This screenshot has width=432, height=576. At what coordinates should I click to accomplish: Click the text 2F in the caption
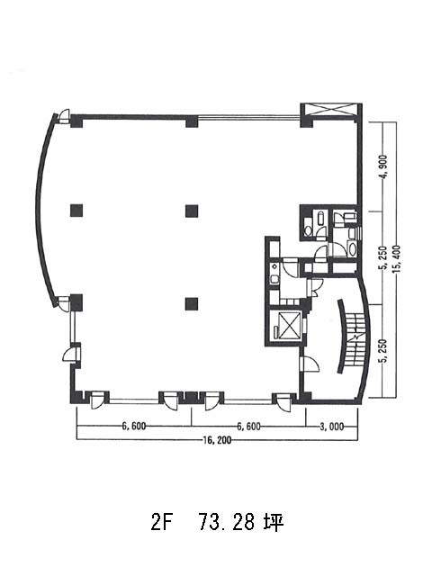[161, 522]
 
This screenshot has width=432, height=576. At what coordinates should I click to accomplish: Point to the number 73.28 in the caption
[226, 522]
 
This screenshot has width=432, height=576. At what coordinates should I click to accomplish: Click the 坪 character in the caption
[274, 522]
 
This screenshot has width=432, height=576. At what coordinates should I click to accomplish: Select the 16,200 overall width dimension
[217, 440]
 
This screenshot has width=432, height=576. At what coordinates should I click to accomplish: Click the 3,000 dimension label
[331, 427]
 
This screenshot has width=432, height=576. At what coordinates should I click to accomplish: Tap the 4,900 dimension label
[384, 167]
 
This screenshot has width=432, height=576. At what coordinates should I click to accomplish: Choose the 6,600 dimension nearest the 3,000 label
[249, 427]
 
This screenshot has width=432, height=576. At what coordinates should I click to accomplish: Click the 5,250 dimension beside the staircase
[384, 350]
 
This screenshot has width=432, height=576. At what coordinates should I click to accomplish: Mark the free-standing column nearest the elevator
[192, 303]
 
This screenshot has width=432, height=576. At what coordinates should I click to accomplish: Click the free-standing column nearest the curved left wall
[76, 211]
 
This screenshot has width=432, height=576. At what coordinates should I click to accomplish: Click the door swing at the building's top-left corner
[64, 115]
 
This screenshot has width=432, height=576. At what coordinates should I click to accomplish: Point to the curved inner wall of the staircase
[342, 336]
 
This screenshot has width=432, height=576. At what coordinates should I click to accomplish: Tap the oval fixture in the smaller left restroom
[308, 231]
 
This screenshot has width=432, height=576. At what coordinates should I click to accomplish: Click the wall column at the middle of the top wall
[192, 121]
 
